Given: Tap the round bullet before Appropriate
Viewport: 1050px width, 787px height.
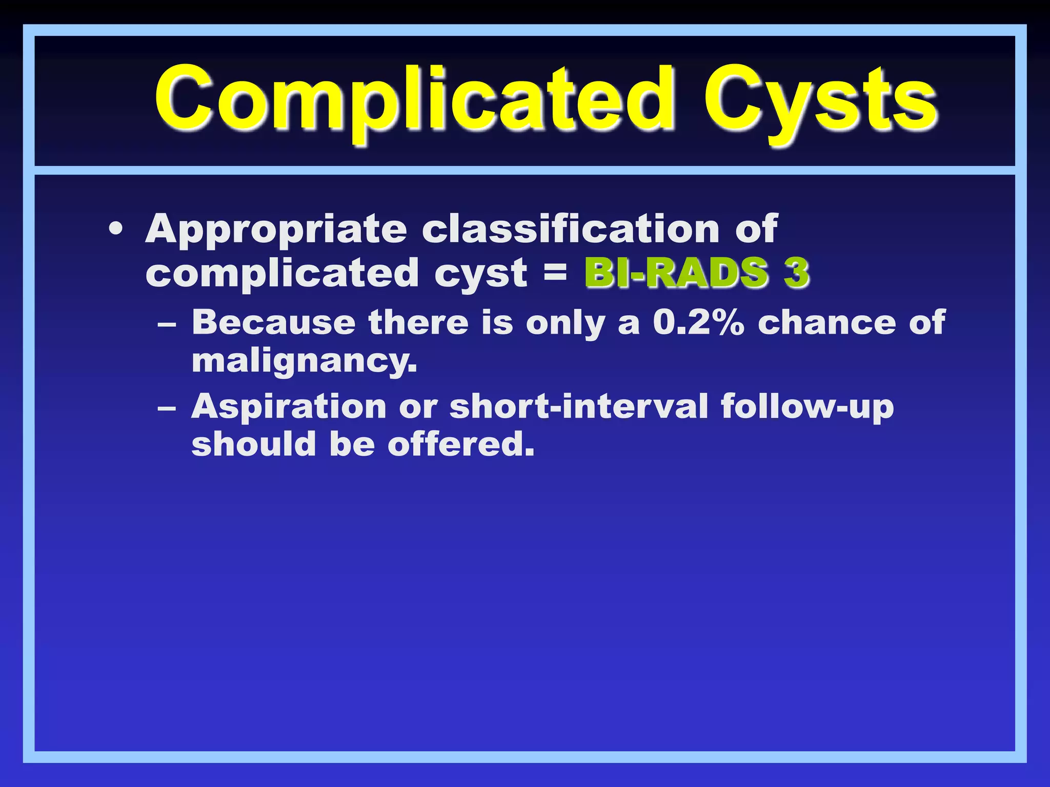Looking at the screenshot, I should pos(116,229).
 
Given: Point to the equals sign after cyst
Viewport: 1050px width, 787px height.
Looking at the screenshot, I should pos(555,272).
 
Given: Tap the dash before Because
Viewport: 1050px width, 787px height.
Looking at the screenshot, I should pos(167,324).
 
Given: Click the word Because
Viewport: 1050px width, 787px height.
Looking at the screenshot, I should pos(273,323).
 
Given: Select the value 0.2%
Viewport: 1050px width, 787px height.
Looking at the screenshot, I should pos(698,323).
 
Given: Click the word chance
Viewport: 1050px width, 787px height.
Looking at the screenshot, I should pos(826,323).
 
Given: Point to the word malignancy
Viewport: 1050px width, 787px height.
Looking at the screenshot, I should pos(304,362).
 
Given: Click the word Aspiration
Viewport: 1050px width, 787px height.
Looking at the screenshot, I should pos(289,407).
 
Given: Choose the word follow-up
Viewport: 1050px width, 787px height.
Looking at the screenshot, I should pos(807,407).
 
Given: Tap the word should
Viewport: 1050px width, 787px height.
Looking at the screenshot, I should pos(254,444).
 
